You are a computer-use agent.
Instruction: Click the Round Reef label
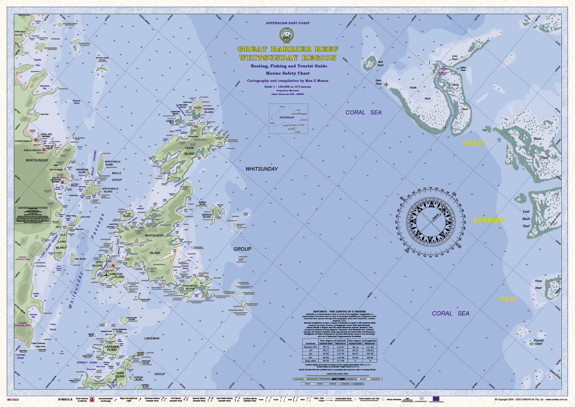click(539, 342)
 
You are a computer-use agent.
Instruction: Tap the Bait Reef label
click(380, 63)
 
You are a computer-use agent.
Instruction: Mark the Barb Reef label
click(378, 82)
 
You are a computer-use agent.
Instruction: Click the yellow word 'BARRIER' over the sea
click(488, 221)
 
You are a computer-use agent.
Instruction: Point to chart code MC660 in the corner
click(13, 399)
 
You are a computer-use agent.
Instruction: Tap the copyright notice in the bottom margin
click(527, 399)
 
